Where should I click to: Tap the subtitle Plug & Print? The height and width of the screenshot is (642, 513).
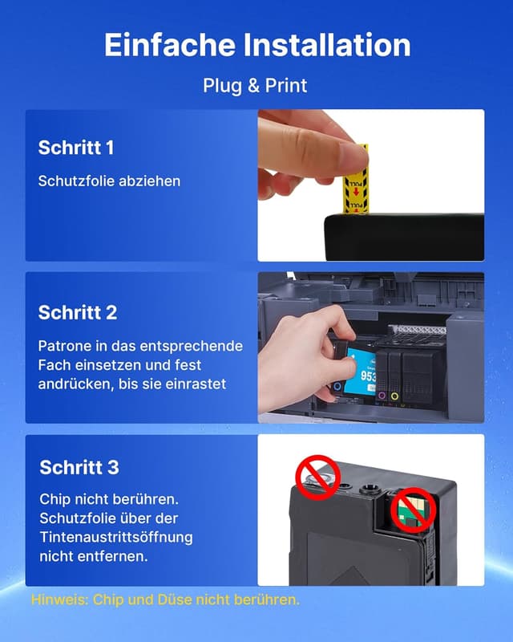pyautogui.click(x=255, y=85)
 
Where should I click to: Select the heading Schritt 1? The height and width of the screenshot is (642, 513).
pyautogui.click(x=76, y=148)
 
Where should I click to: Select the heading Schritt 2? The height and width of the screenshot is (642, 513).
pyautogui.click(x=78, y=312)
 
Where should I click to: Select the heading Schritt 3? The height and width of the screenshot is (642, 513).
pyautogui.click(x=79, y=467)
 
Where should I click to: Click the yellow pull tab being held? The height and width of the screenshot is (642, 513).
pyautogui.click(x=356, y=181)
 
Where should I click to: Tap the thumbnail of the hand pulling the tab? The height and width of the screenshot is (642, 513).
pyautogui.click(x=370, y=185)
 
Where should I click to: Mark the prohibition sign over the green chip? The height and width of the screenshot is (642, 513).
pyautogui.click(x=411, y=511)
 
